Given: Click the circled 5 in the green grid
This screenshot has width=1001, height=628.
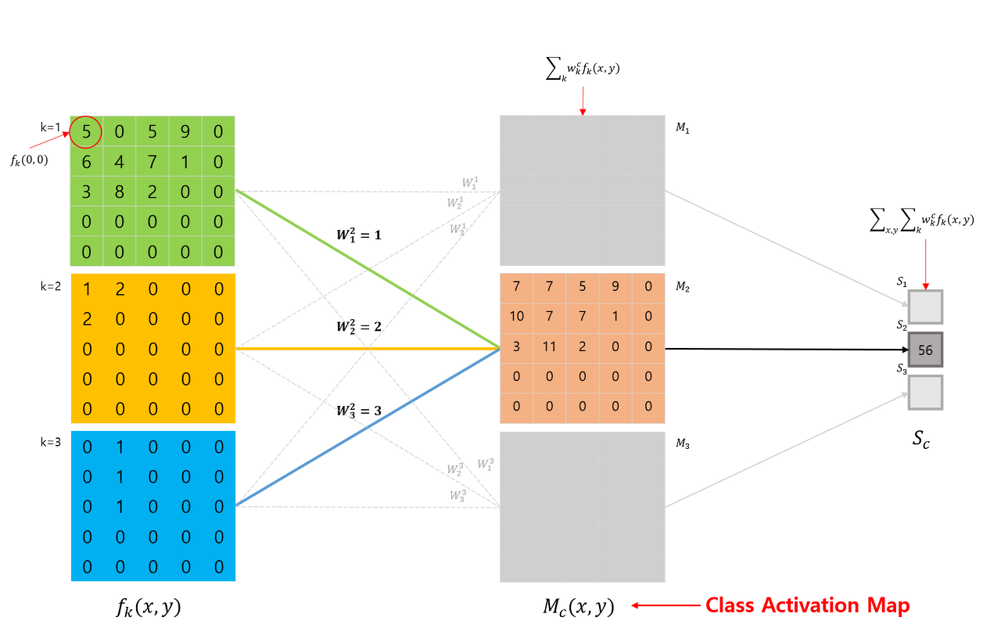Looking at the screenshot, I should pyautogui.click(x=86, y=132).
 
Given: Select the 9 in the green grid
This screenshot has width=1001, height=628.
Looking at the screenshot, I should pyautogui.click(x=185, y=132).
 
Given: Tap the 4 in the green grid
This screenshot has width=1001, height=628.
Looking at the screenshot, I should pyautogui.click(x=119, y=163).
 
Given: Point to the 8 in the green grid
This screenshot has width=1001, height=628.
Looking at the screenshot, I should pyautogui.click(x=119, y=192).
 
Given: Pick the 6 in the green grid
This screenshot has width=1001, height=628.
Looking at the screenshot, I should pyautogui.click(x=86, y=163).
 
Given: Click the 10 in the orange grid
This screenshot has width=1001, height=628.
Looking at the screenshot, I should pyautogui.click(x=516, y=316).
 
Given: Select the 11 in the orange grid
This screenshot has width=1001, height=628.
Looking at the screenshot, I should pyautogui.click(x=549, y=346).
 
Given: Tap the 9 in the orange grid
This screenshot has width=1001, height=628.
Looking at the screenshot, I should pyautogui.click(x=615, y=286).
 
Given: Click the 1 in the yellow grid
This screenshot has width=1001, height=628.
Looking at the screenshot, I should pyautogui.click(x=86, y=289).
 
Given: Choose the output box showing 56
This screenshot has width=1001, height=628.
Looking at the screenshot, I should pyautogui.click(x=925, y=350).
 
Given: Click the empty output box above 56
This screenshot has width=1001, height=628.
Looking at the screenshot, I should pyautogui.click(x=925, y=307).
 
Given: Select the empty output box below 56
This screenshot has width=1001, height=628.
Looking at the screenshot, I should pyautogui.click(x=925, y=393).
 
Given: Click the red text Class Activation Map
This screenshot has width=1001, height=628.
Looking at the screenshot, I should pyautogui.click(x=807, y=605).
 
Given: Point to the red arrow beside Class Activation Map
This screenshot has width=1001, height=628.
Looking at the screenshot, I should pyautogui.click(x=665, y=605).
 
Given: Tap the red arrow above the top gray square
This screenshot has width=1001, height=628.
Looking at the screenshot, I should pyautogui.click(x=582, y=100).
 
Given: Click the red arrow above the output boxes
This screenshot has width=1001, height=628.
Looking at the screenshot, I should pyautogui.click(x=925, y=263).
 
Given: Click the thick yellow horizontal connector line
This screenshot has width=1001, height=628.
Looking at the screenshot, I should pyautogui.click(x=368, y=348).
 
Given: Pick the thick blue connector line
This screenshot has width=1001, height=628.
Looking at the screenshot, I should pyautogui.click(x=368, y=428).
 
